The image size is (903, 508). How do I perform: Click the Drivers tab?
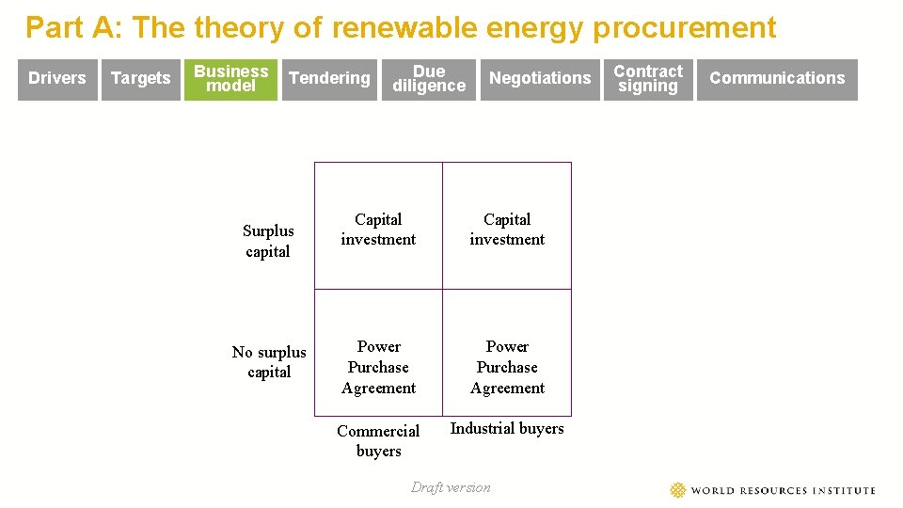point(57,78)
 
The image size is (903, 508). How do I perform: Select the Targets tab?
point(140,78)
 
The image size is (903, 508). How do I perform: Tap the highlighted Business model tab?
point(231,78)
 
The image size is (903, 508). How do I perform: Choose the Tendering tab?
point(329,78)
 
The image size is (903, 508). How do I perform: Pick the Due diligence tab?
point(429,78)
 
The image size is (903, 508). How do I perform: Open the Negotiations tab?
point(540,78)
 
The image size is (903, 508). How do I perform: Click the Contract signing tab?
point(648,78)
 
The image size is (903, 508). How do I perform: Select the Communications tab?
point(777,78)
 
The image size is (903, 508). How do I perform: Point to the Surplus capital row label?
point(268,241)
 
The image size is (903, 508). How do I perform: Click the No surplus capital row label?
point(269,362)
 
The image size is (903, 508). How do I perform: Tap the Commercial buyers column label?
point(378,440)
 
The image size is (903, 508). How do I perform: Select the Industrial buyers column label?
point(507,429)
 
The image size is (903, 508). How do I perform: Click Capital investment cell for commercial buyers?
point(378,230)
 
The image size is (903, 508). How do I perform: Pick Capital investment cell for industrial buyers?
point(507,230)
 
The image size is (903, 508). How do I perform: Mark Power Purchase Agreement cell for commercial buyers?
point(378,367)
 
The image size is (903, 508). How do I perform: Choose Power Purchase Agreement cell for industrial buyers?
point(507,367)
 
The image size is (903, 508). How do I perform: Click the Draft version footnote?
point(451,487)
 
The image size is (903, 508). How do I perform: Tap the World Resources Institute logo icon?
point(678,490)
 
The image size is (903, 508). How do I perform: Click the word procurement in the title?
point(684,28)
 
